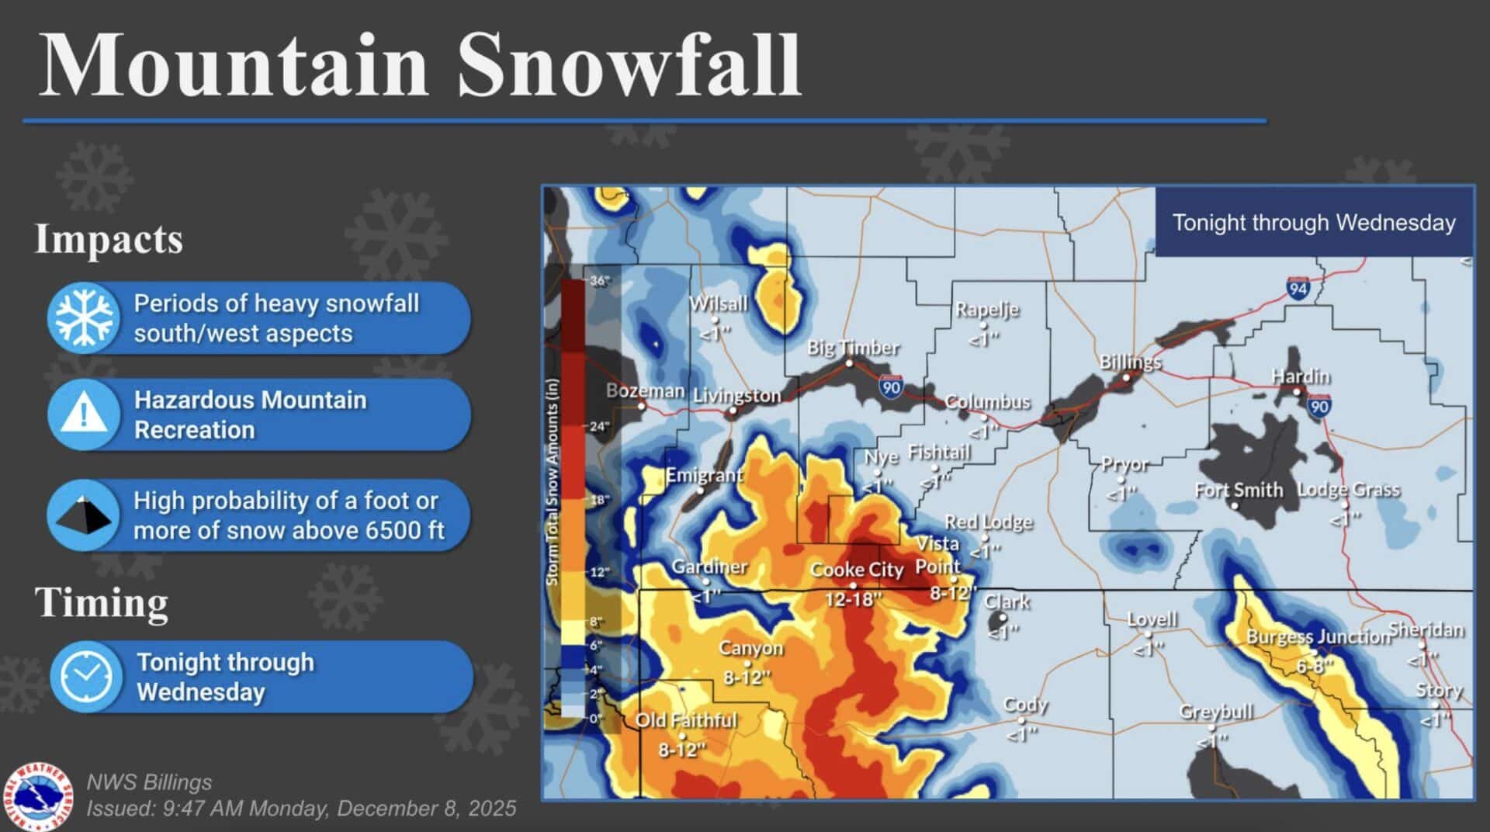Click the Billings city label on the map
[x=1130, y=362]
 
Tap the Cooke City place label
[x=857, y=570]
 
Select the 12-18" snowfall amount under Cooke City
[x=853, y=599]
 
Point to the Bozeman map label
[x=645, y=390]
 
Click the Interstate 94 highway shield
[x=1298, y=288]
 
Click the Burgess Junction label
[x=1318, y=637]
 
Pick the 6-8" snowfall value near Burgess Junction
[x=1314, y=666]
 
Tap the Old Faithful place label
[x=686, y=720]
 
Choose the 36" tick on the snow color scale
[x=599, y=281]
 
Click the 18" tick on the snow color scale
[x=599, y=500]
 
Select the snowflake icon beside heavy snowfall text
[x=84, y=317]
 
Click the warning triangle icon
[x=84, y=414]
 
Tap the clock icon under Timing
[x=85, y=675]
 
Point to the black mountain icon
[x=84, y=515]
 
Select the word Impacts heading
[x=109, y=239]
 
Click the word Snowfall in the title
[x=629, y=65]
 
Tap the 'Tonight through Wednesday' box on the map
[x=1313, y=223]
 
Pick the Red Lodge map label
[x=988, y=522]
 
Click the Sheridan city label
[x=1426, y=629]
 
